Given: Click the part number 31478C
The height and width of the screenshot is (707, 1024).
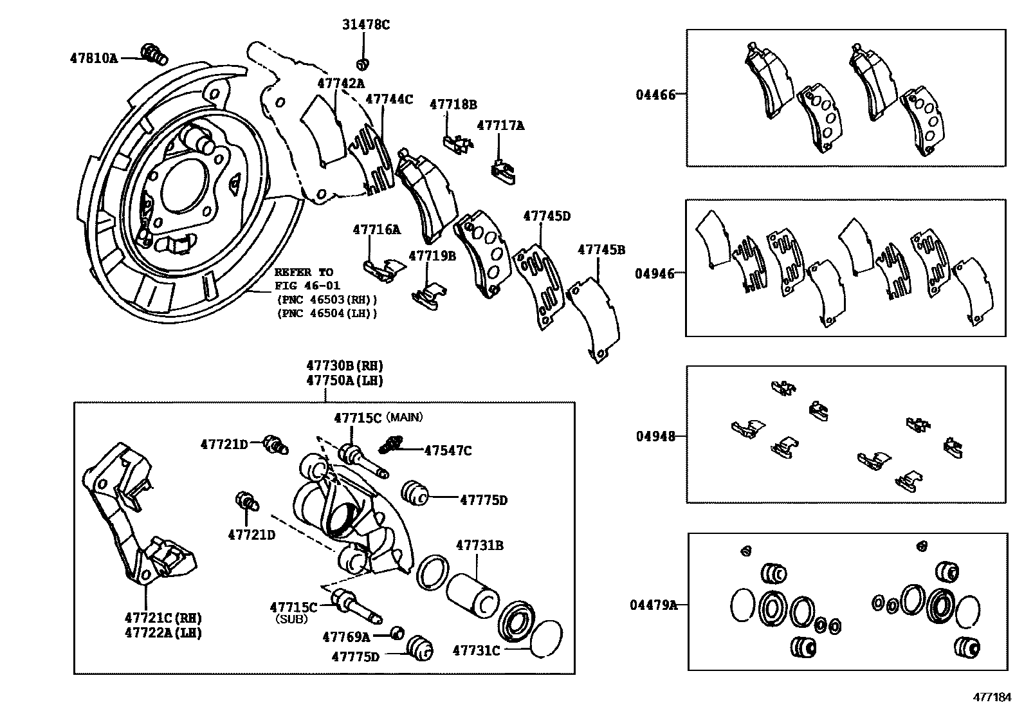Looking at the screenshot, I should click(365, 25).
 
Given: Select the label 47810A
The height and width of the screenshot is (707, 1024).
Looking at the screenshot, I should click(94, 58).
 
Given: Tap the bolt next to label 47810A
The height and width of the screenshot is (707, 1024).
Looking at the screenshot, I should click(152, 53).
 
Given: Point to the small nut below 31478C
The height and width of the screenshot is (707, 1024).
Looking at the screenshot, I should click(363, 63).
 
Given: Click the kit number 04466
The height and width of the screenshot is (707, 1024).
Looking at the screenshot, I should click(655, 95).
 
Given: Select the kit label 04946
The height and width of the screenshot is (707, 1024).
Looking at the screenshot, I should click(655, 273).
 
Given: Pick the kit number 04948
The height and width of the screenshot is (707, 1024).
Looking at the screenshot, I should click(655, 436).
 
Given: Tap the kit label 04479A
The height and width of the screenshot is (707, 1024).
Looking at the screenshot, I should click(654, 605).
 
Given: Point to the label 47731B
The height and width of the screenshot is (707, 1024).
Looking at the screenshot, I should click(480, 546).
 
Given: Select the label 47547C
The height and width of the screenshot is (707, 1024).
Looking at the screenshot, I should click(448, 451).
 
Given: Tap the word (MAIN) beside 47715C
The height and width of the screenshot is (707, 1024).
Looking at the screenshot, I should click(405, 418).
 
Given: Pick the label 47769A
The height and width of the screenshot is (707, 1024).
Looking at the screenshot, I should click(346, 637).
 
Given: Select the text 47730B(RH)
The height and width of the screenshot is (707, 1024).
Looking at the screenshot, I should click(345, 366).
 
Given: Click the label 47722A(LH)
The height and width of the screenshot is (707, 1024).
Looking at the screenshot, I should click(163, 632).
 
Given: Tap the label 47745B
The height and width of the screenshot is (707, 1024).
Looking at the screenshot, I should click(601, 250).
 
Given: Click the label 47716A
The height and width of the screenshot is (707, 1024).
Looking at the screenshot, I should click(376, 230).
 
